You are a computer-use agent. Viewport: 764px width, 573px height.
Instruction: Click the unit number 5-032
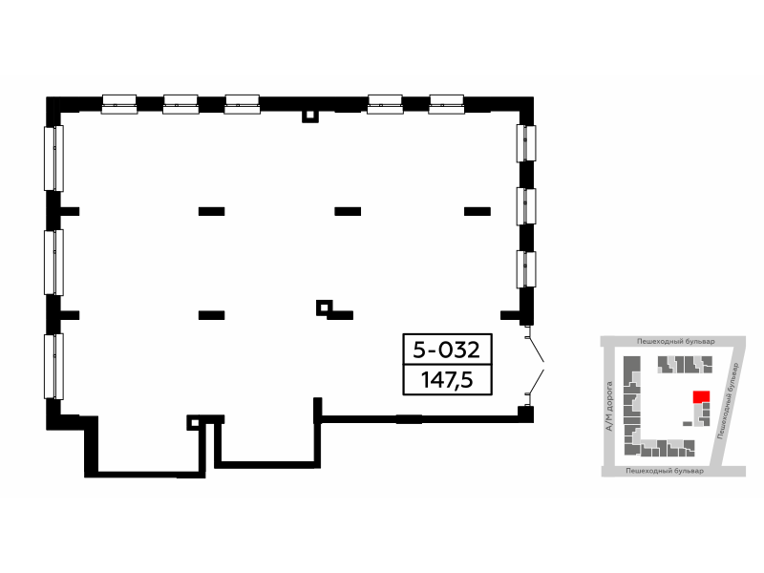click(x=446, y=350)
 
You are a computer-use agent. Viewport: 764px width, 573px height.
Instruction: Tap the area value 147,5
click(x=447, y=379)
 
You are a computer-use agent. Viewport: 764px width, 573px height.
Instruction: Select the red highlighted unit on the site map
click(x=701, y=396)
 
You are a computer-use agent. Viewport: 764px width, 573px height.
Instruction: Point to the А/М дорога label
click(x=608, y=407)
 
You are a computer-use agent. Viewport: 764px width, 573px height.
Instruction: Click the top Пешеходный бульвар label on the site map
click(x=676, y=341)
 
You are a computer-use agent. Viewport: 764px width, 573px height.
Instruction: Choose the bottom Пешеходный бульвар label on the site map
click(x=665, y=471)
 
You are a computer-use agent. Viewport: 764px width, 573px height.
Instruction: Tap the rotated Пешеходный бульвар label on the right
click(x=729, y=400)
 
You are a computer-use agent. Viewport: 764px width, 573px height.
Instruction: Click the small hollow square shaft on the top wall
click(x=309, y=117)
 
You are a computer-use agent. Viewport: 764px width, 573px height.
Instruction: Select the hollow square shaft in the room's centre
click(x=324, y=308)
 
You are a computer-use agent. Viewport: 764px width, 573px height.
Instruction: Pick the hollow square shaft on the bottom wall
click(x=194, y=422)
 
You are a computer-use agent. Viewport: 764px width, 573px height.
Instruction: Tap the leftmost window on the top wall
click(x=119, y=104)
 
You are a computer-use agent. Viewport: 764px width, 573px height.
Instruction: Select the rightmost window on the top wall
click(x=446, y=104)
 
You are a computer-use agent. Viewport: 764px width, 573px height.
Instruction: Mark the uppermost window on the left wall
click(x=54, y=159)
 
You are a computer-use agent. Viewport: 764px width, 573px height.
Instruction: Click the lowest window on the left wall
click(x=54, y=367)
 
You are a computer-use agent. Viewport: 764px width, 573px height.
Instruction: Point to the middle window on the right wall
click(x=526, y=206)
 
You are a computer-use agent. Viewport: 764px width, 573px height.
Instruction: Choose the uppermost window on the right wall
click(x=526, y=143)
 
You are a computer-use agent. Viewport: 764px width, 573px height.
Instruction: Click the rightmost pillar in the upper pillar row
click(x=477, y=211)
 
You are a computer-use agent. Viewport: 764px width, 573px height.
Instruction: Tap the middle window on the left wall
click(x=54, y=263)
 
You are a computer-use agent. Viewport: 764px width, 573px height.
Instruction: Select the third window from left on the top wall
click(x=243, y=104)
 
